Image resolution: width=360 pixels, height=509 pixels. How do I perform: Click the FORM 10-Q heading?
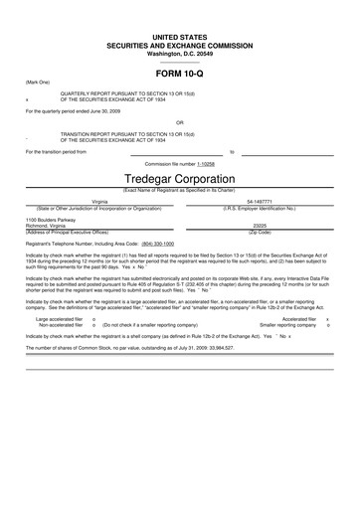179,74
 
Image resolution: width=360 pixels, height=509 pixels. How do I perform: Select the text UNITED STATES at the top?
179,36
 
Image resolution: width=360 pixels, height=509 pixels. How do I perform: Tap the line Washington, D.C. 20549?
179,52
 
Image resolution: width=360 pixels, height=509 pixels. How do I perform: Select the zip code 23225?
260,226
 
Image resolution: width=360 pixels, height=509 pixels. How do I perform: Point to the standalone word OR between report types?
179,124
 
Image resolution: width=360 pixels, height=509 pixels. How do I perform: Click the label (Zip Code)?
260,232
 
